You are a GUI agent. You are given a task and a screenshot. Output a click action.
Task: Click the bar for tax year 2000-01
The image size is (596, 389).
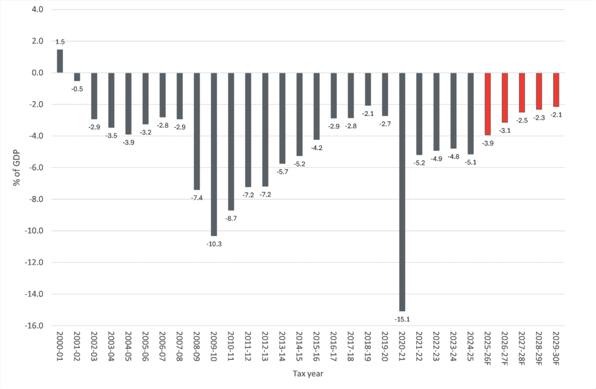(59, 61)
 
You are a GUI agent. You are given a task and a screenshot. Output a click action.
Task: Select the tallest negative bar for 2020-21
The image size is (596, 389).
(402, 192)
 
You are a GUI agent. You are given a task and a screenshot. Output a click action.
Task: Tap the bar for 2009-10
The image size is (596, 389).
(214, 154)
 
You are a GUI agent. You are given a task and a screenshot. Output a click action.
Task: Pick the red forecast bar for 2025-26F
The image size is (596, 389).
(488, 104)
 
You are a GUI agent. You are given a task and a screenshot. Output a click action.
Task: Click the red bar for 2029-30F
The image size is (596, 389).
(556, 90)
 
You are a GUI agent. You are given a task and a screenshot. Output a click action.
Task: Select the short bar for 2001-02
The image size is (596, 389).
(77, 77)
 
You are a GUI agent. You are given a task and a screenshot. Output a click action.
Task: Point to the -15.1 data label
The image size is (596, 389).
(402, 319)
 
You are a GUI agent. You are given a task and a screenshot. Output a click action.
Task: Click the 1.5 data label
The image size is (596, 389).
(59, 42)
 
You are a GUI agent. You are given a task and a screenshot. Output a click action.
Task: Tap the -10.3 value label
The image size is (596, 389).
(214, 244)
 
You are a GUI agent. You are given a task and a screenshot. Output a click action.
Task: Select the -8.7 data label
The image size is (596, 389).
(231, 218)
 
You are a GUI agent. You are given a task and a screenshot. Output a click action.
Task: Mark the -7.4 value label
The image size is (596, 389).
(197, 198)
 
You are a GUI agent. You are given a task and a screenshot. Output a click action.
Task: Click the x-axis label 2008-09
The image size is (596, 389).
(197, 351)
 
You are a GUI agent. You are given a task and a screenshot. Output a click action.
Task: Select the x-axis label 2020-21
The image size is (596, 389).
(402, 351)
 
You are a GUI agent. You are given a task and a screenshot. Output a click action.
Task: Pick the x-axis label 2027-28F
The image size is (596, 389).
(522, 352)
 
